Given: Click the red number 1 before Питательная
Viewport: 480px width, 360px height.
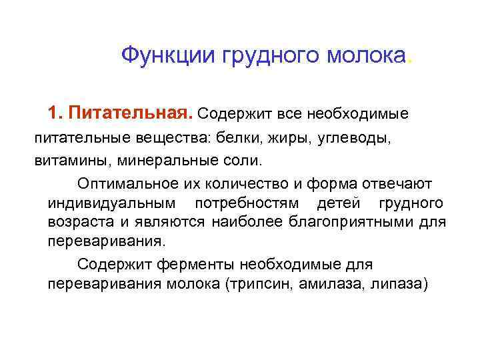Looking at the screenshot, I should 53,113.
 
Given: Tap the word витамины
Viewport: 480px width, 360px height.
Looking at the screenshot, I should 65,162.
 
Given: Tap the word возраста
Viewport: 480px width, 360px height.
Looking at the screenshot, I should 75,222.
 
